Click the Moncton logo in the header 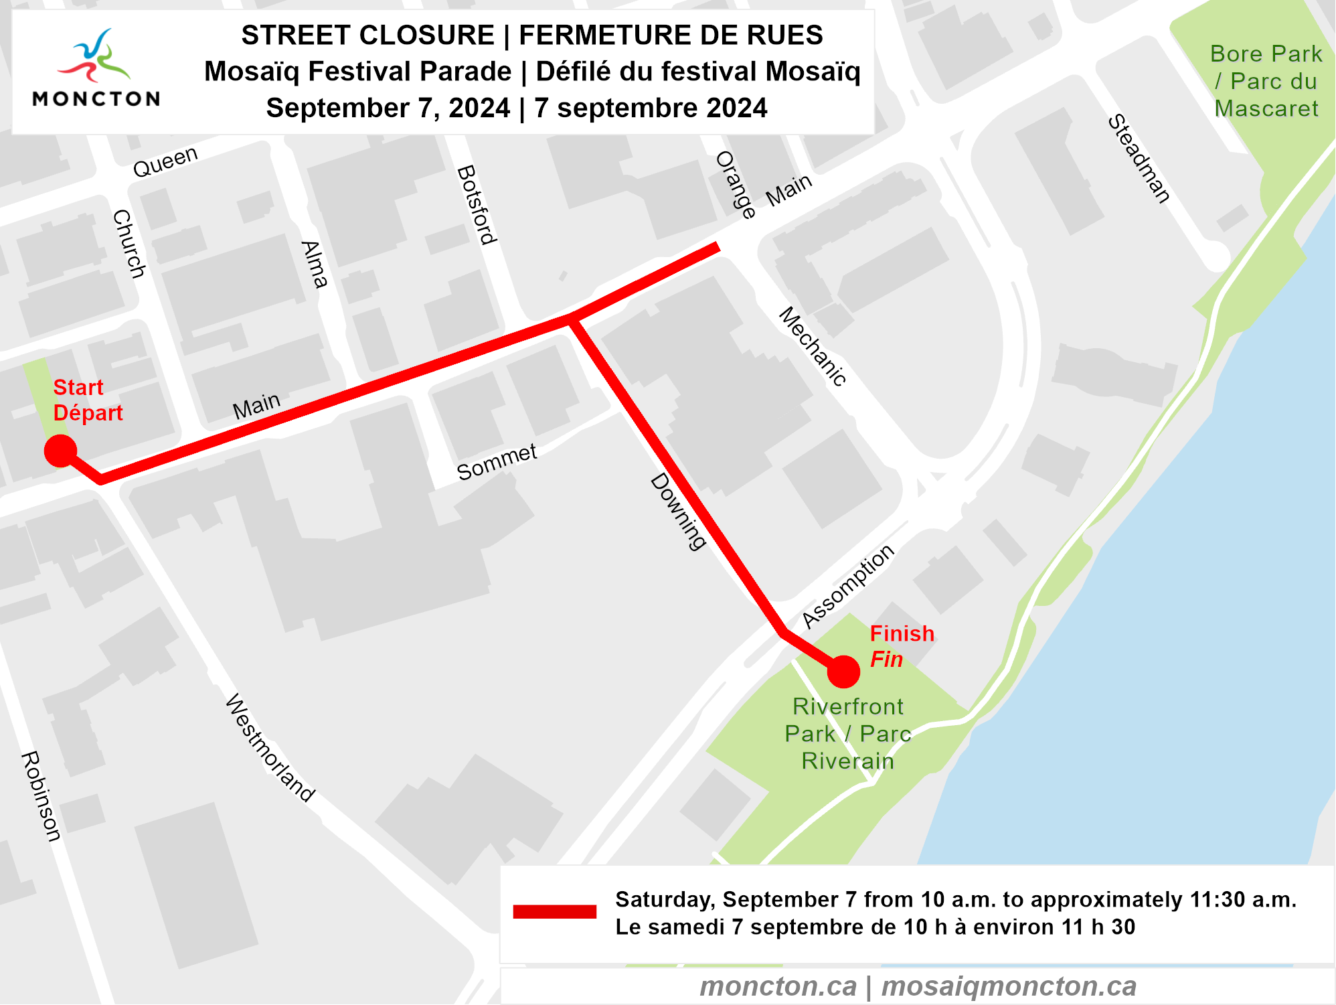[96, 68]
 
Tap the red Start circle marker [60, 451]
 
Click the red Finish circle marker [843, 672]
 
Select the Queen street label [165, 162]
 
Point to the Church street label [129, 244]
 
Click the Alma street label [314, 264]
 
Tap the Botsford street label [477, 205]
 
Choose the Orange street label [736, 185]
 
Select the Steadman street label [1139, 159]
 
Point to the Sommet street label [497, 462]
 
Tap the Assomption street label [848, 587]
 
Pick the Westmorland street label [270, 747]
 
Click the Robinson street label [41, 796]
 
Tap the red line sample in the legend [554, 911]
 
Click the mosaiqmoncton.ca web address [1009, 986]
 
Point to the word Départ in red [88, 413]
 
